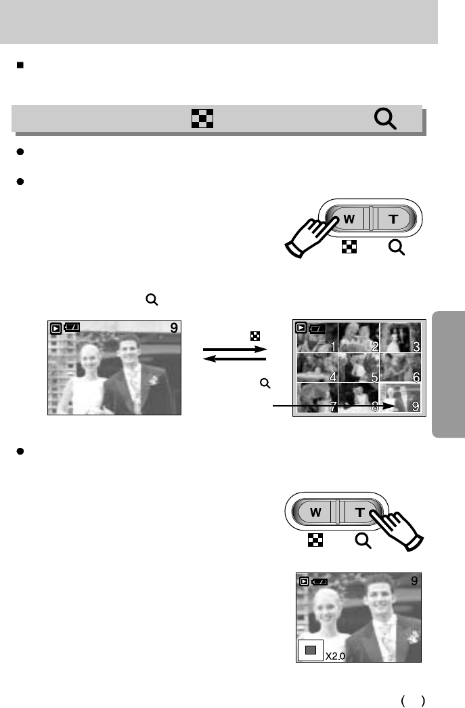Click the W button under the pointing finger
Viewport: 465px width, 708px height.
(x=349, y=220)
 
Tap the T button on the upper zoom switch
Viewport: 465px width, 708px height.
(x=393, y=220)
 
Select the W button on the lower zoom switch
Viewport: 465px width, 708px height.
(x=315, y=512)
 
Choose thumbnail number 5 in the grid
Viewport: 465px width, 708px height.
(x=358, y=369)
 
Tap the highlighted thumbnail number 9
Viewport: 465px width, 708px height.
(x=400, y=398)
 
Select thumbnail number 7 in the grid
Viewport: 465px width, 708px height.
(x=317, y=398)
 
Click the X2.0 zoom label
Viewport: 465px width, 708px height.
(x=337, y=656)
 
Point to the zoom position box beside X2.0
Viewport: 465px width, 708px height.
(x=311, y=650)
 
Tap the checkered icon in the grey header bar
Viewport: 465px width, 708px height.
(x=202, y=120)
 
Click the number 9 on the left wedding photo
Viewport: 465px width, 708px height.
(x=174, y=328)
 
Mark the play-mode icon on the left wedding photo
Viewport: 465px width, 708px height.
(x=56, y=329)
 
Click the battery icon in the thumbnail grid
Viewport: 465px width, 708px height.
(x=317, y=329)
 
